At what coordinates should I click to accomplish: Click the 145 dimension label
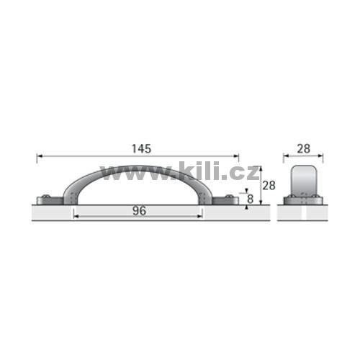tap(142, 149)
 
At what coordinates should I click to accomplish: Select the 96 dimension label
tap(139, 211)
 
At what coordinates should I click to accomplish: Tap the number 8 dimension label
tap(250, 199)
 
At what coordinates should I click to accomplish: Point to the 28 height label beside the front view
tap(269, 186)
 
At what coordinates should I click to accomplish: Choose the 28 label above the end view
tap(304, 149)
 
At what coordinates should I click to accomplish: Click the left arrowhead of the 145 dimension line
tap(40, 156)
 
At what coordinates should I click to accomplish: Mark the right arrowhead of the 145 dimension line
tap(236, 156)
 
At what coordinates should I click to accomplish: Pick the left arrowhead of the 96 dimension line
tap(76, 217)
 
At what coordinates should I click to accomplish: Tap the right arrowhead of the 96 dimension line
tap(199, 217)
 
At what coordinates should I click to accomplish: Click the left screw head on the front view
tap(45, 197)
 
